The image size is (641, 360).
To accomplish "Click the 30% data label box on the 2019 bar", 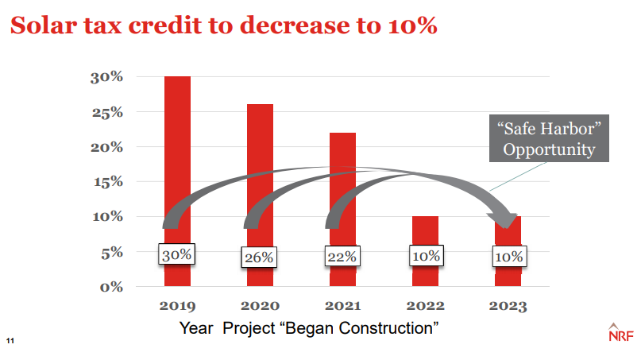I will (177, 255).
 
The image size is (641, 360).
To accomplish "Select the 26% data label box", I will (260, 257).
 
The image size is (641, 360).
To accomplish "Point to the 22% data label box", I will (342, 257).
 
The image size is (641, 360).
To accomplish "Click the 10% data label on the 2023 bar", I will (508, 257).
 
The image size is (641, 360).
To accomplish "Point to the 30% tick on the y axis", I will (106, 77).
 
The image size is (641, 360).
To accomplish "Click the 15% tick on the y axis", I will (106, 182).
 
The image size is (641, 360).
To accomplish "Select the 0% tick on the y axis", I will (110, 286).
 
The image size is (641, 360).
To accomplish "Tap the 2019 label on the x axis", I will (177, 306).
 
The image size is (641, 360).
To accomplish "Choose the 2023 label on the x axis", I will (508, 306).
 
